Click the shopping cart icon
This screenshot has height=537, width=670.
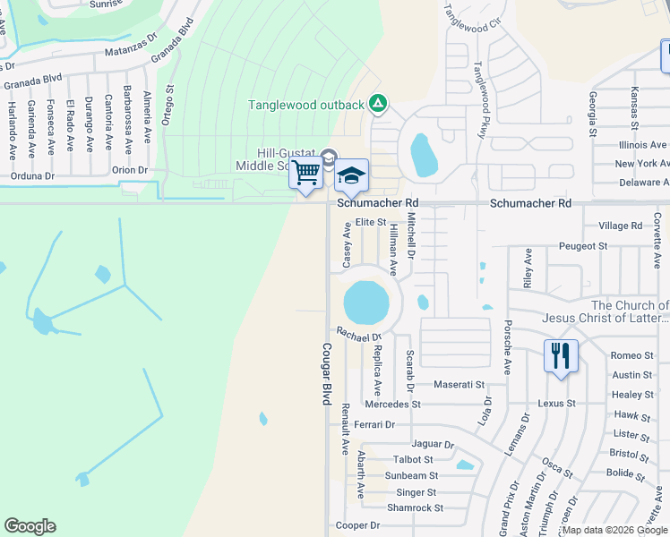[x=306, y=172]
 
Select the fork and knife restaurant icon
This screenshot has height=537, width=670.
[x=561, y=356]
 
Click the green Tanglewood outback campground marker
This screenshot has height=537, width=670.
[x=378, y=105]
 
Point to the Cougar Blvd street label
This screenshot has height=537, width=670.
[x=326, y=376]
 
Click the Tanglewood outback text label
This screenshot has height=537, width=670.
[x=306, y=105]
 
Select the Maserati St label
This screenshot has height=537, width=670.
[x=459, y=385]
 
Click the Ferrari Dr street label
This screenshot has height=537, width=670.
[x=374, y=424]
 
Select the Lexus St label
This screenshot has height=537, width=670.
[x=556, y=404]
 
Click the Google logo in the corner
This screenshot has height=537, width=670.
[x=30, y=526]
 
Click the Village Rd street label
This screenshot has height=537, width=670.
[x=621, y=226]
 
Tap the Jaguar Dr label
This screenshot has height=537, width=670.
[x=433, y=444]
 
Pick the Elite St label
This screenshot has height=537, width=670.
[x=370, y=222]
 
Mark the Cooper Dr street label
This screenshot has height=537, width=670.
[x=357, y=525]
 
